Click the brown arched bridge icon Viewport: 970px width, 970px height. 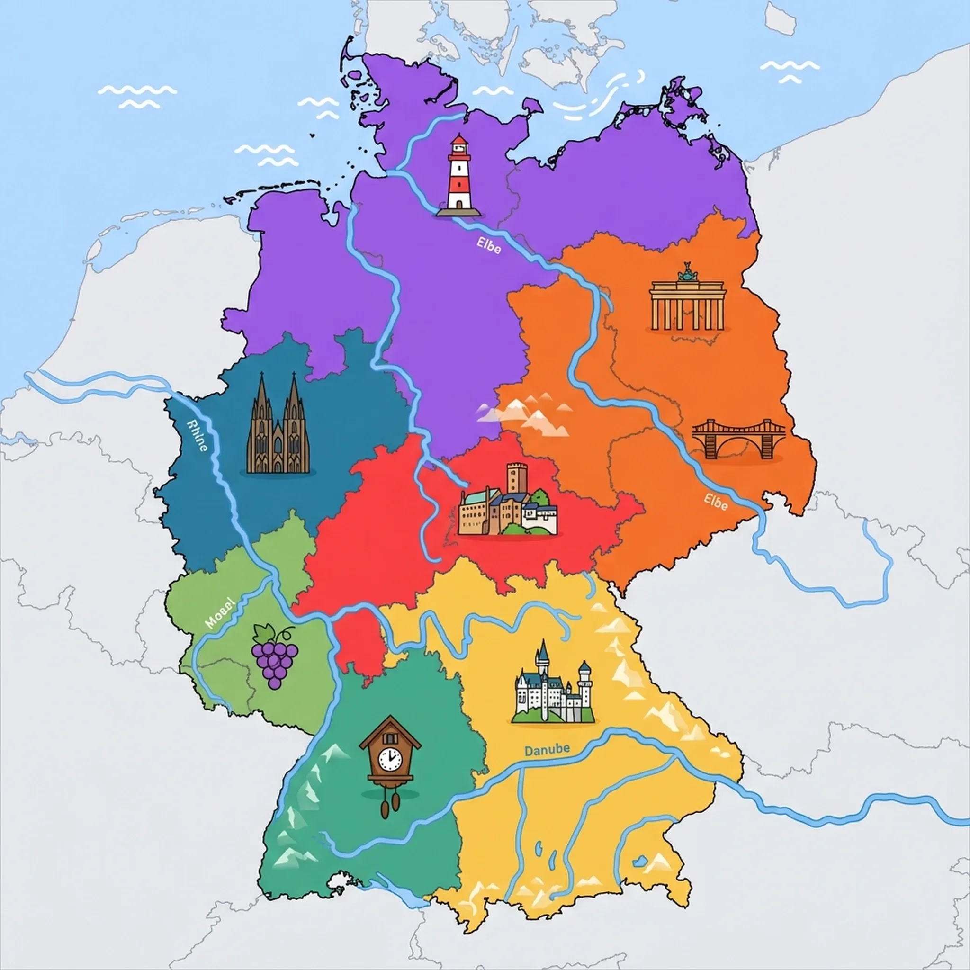738,440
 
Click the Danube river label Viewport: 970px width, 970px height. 547,750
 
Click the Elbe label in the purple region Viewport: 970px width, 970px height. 488,246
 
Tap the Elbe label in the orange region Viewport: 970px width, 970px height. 716,502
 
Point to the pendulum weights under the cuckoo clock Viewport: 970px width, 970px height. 390,806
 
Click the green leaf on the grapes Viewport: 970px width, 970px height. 265,632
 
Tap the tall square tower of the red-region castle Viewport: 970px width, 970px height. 517,477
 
